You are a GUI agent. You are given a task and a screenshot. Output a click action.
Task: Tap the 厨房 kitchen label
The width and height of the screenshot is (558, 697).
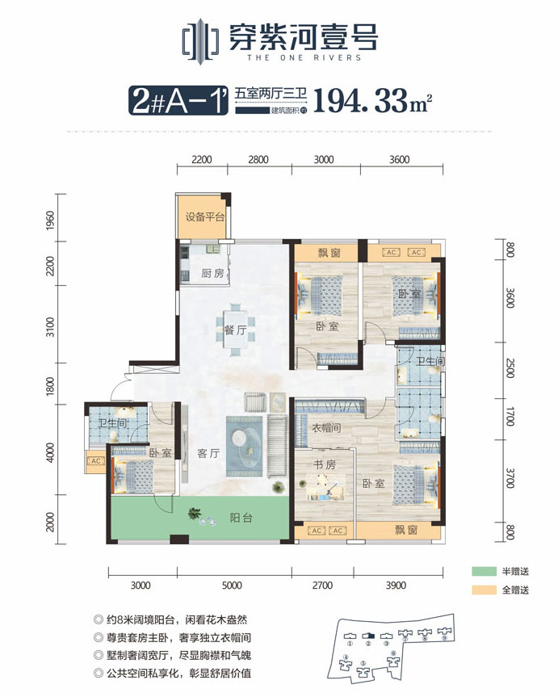[212, 273]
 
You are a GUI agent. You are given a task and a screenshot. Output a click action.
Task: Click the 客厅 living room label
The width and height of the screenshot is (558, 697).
[208, 454]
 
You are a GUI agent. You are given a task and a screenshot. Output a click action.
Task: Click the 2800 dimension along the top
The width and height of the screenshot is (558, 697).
[258, 160]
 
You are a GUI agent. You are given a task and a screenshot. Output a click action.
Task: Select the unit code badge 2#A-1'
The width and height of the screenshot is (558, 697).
[176, 102]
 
